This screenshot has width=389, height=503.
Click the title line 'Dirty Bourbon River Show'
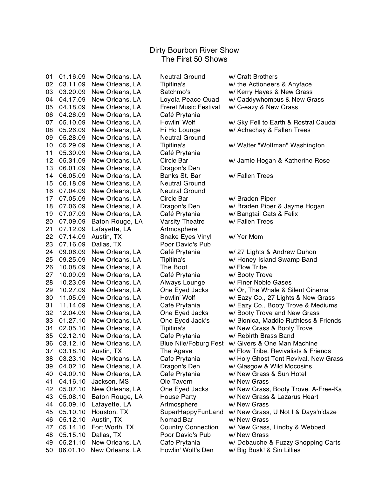tap(194, 50)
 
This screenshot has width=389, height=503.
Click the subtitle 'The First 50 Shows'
tap(194, 59)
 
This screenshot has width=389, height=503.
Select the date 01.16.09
tap(72, 77)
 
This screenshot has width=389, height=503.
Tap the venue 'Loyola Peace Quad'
tap(189, 100)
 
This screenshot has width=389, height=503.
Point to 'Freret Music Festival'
tap(190, 107)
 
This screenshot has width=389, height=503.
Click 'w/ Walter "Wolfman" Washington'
tap(276, 145)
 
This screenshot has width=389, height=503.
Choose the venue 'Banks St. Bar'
tap(180, 176)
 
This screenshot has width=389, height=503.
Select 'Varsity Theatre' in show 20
tap(182, 222)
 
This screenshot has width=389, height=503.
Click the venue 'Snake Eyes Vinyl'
tap(186, 237)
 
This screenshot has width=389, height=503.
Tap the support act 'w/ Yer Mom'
tap(246, 237)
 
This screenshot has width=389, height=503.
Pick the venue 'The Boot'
tap(174, 267)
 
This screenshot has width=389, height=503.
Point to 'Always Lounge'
tap(182, 283)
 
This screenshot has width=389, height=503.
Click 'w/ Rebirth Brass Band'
tap(261, 336)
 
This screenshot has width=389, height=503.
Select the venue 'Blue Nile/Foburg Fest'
tap(192, 344)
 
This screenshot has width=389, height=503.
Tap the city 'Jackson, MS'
tap(110, 382)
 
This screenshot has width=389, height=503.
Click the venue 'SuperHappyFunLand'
tap(192, 412)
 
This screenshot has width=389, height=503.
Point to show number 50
tap(49, 450)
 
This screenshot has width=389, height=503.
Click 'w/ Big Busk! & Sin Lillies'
tap(264, 450)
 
